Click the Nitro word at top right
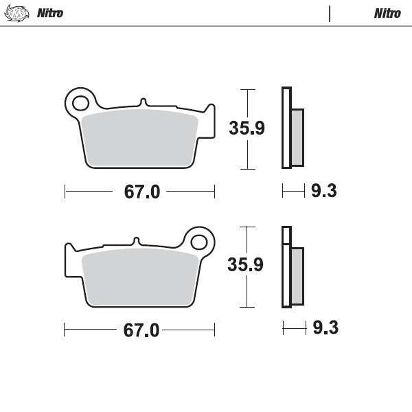click(x=387, y=13)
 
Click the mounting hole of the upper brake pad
click(x=80, y=104)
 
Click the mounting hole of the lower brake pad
click(x=199, y=242)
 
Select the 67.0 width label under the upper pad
click(x=142, y=192)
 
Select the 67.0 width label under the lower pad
click(x=141, y=330)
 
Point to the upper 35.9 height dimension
click(x=247, y=128)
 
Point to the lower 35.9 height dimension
click(x=246, y=265)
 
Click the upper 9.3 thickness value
click(x=324, y=192)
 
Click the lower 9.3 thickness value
click(x=325, y=328)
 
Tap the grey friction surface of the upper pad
click(x=141, y=137)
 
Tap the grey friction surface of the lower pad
click(x=141, y=277)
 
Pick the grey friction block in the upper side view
click(x=297, y=137)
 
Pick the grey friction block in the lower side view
click(x=297, y=276)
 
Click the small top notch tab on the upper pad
click(x=143, y=102)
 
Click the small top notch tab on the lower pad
click(x=137, y=241)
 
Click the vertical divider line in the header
click(x=330, y=14)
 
